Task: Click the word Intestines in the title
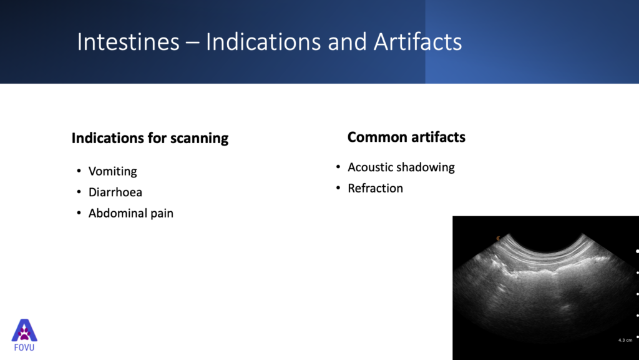click(129, 42)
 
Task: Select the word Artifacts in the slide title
click(417, 42)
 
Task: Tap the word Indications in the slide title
click(263, 42)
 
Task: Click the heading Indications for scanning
click(150, 138)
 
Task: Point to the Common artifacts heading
click(406, 137)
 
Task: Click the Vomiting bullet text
click(112, 171)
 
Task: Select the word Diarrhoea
click(115, 192)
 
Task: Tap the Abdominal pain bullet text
click(131, 214)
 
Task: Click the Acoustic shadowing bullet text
click(401, 167)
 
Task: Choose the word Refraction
click(375, 188)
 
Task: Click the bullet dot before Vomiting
click(79, 171)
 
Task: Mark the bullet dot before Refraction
click(338, 187)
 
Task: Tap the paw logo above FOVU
click(24, 330)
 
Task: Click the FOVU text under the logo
click(24, 347)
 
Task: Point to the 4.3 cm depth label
click(625, 340)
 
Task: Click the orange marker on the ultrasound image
click(498, 238)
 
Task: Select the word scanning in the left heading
click(199, 139)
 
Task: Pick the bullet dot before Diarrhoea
click(79, 192)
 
